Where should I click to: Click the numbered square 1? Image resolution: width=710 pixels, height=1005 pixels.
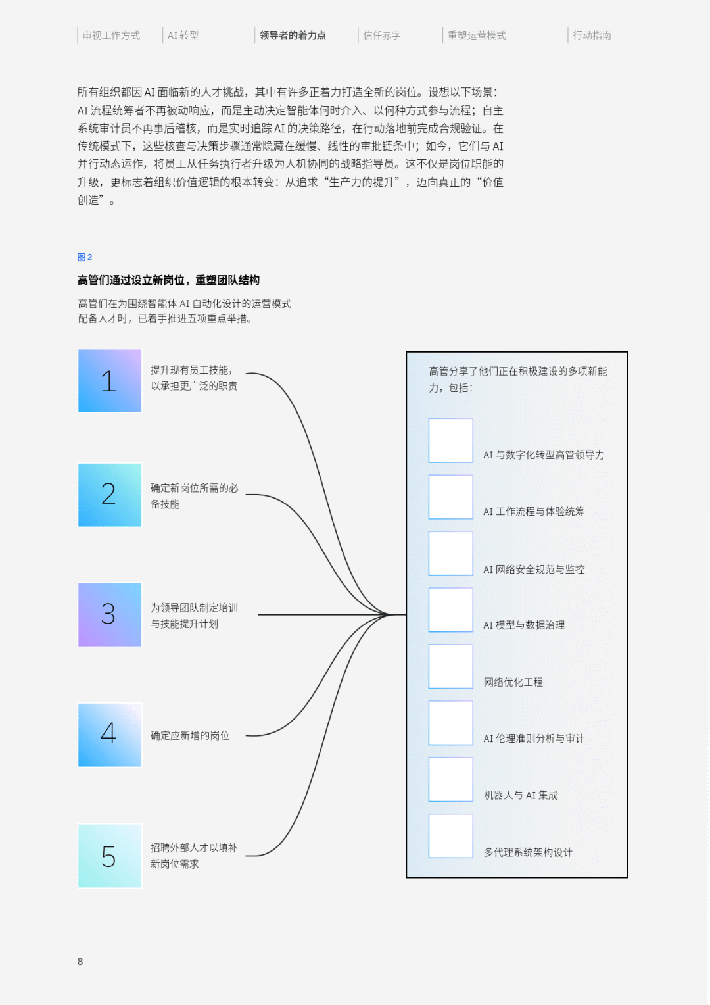(110, 381)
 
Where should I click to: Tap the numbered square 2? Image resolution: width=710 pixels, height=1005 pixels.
(110, 495)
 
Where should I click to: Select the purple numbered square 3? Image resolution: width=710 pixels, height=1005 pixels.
(110, 614)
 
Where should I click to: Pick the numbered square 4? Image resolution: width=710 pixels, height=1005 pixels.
(110, 735)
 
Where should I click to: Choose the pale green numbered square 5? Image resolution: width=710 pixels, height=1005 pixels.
(110, 856)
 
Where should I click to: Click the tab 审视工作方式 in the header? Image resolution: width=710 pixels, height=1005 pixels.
(111, 36)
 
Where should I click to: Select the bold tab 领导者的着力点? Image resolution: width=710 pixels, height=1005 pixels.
(293, 36)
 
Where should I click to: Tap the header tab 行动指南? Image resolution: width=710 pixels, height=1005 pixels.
(592, 36)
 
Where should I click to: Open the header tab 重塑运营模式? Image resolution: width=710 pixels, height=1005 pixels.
(477, 36)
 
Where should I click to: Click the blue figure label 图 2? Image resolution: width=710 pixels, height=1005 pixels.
(85, 257)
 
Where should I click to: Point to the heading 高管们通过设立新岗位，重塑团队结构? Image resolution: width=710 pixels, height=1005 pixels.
(168, 280)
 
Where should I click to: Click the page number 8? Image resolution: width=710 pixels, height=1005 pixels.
(80, 962)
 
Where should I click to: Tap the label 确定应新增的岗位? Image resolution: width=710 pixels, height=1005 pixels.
(190, 735)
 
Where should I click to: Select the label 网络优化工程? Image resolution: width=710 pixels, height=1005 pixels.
(513, 682)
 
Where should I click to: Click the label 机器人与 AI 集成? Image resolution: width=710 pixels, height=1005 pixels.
(521, 795)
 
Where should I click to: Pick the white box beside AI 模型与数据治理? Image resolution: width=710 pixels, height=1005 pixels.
(451, 610)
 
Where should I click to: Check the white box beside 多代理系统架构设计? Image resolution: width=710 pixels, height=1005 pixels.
(451, 836)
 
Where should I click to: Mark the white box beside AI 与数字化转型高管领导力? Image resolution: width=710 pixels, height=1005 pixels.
(451, 440)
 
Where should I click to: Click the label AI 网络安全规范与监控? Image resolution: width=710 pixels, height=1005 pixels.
(534, 570)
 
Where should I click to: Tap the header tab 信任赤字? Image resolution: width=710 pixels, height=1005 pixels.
(382, 36)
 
